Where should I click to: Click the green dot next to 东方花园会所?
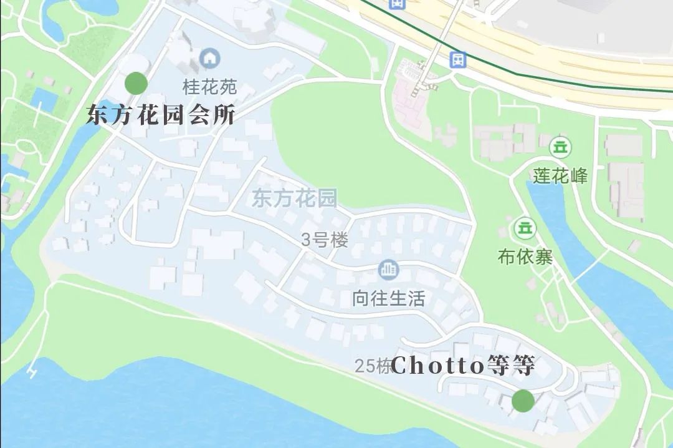click(136, 83)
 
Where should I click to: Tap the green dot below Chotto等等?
click(523, 401)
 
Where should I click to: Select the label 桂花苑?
click(209, 85)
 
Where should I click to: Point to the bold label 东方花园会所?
click(160, 115)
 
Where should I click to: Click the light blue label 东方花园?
click(294, 199)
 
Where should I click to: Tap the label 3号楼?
click(324, 240)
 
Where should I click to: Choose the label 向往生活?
click(388, 299)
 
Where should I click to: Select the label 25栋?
click(373, 366)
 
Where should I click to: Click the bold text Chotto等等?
click(462, 366)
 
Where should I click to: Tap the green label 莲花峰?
click(560, 176)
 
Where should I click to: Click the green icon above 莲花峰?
click(560, 148)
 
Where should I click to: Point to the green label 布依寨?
click(525, 256)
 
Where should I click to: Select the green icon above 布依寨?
click(525, 228)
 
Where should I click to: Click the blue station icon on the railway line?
click(458, 60)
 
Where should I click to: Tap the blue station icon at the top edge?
click(396, 3)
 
